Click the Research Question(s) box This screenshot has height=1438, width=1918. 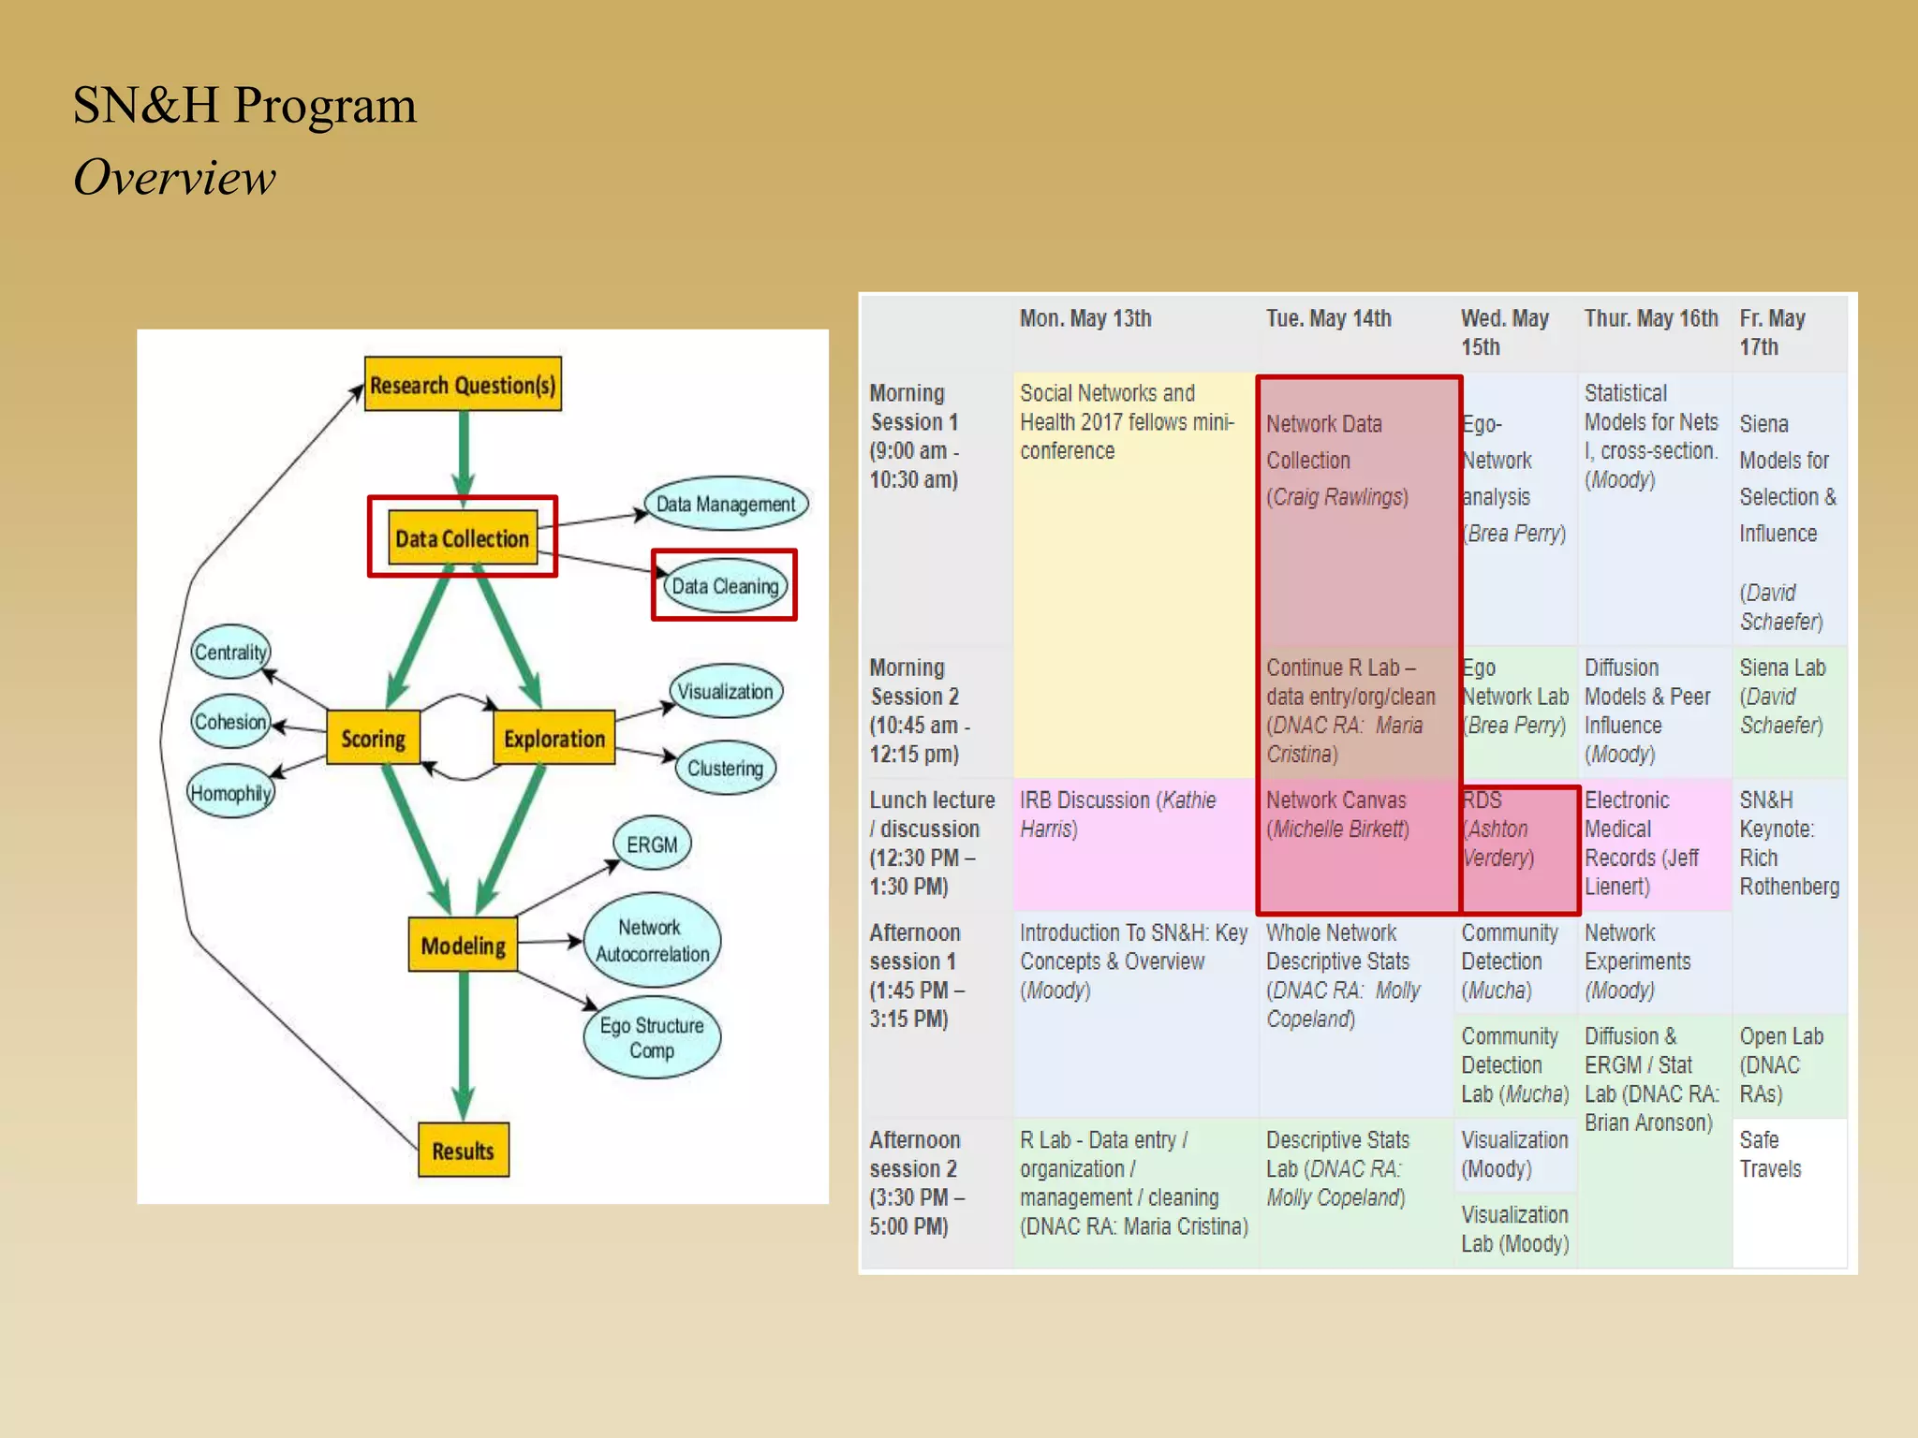click(x=463, y=384)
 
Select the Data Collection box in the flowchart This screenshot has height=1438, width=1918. click(x=463, y=537)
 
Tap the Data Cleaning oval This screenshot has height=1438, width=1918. click(x=725, y=586)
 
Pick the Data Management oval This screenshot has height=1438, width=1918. click(x=725, y=504)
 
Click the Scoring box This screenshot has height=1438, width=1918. click(x=373, y=738)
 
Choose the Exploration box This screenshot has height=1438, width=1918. click(x=553, y=738)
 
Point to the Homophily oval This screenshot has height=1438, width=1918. click(x=230, y=793)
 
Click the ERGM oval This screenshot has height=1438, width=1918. click(x=652, y=844)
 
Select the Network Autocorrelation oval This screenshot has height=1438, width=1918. click(x=652, y=940)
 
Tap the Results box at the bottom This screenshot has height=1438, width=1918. click(x=463, y=1150)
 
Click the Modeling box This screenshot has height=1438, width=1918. click(x=463, y=945)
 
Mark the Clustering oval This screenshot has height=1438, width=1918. click(x=725, y=768)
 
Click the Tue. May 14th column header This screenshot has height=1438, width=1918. click(x=1328, y=319)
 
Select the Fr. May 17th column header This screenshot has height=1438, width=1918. click(x=1772, y=332)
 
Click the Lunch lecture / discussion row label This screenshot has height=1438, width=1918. click(x=931, y=843)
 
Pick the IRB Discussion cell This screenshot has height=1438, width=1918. click(x=1118, y=814)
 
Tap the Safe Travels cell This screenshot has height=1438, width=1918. click(x=1770, y=1153)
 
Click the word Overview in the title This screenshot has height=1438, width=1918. click(x=174, y=178)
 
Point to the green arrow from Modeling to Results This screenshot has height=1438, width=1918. click(x=464, y=1039)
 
